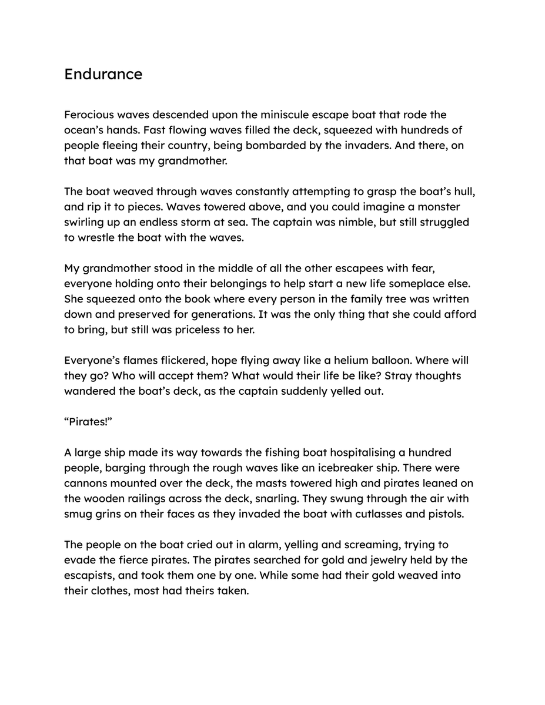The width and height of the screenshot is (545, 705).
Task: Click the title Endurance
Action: tap(103, 75)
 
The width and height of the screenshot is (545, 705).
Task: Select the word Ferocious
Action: tap(89, 115)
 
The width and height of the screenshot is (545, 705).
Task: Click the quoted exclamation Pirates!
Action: tap(88, 421)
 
